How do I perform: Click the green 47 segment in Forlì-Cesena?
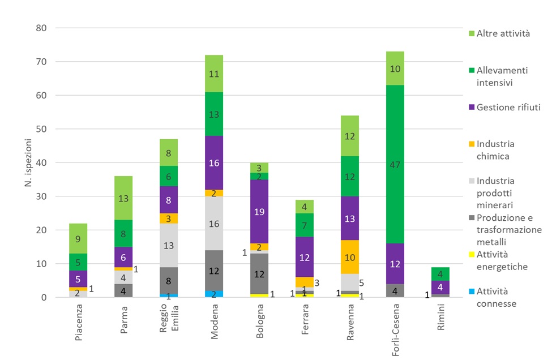pyautogui.click(x=395, y=165)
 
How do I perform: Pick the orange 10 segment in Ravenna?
pyautogui.click(x=350, y=258)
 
